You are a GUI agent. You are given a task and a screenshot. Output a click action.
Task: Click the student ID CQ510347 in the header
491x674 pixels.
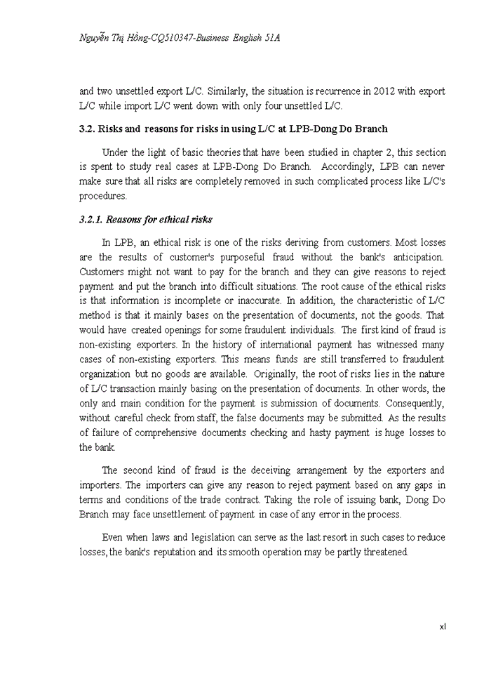point(199,37)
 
